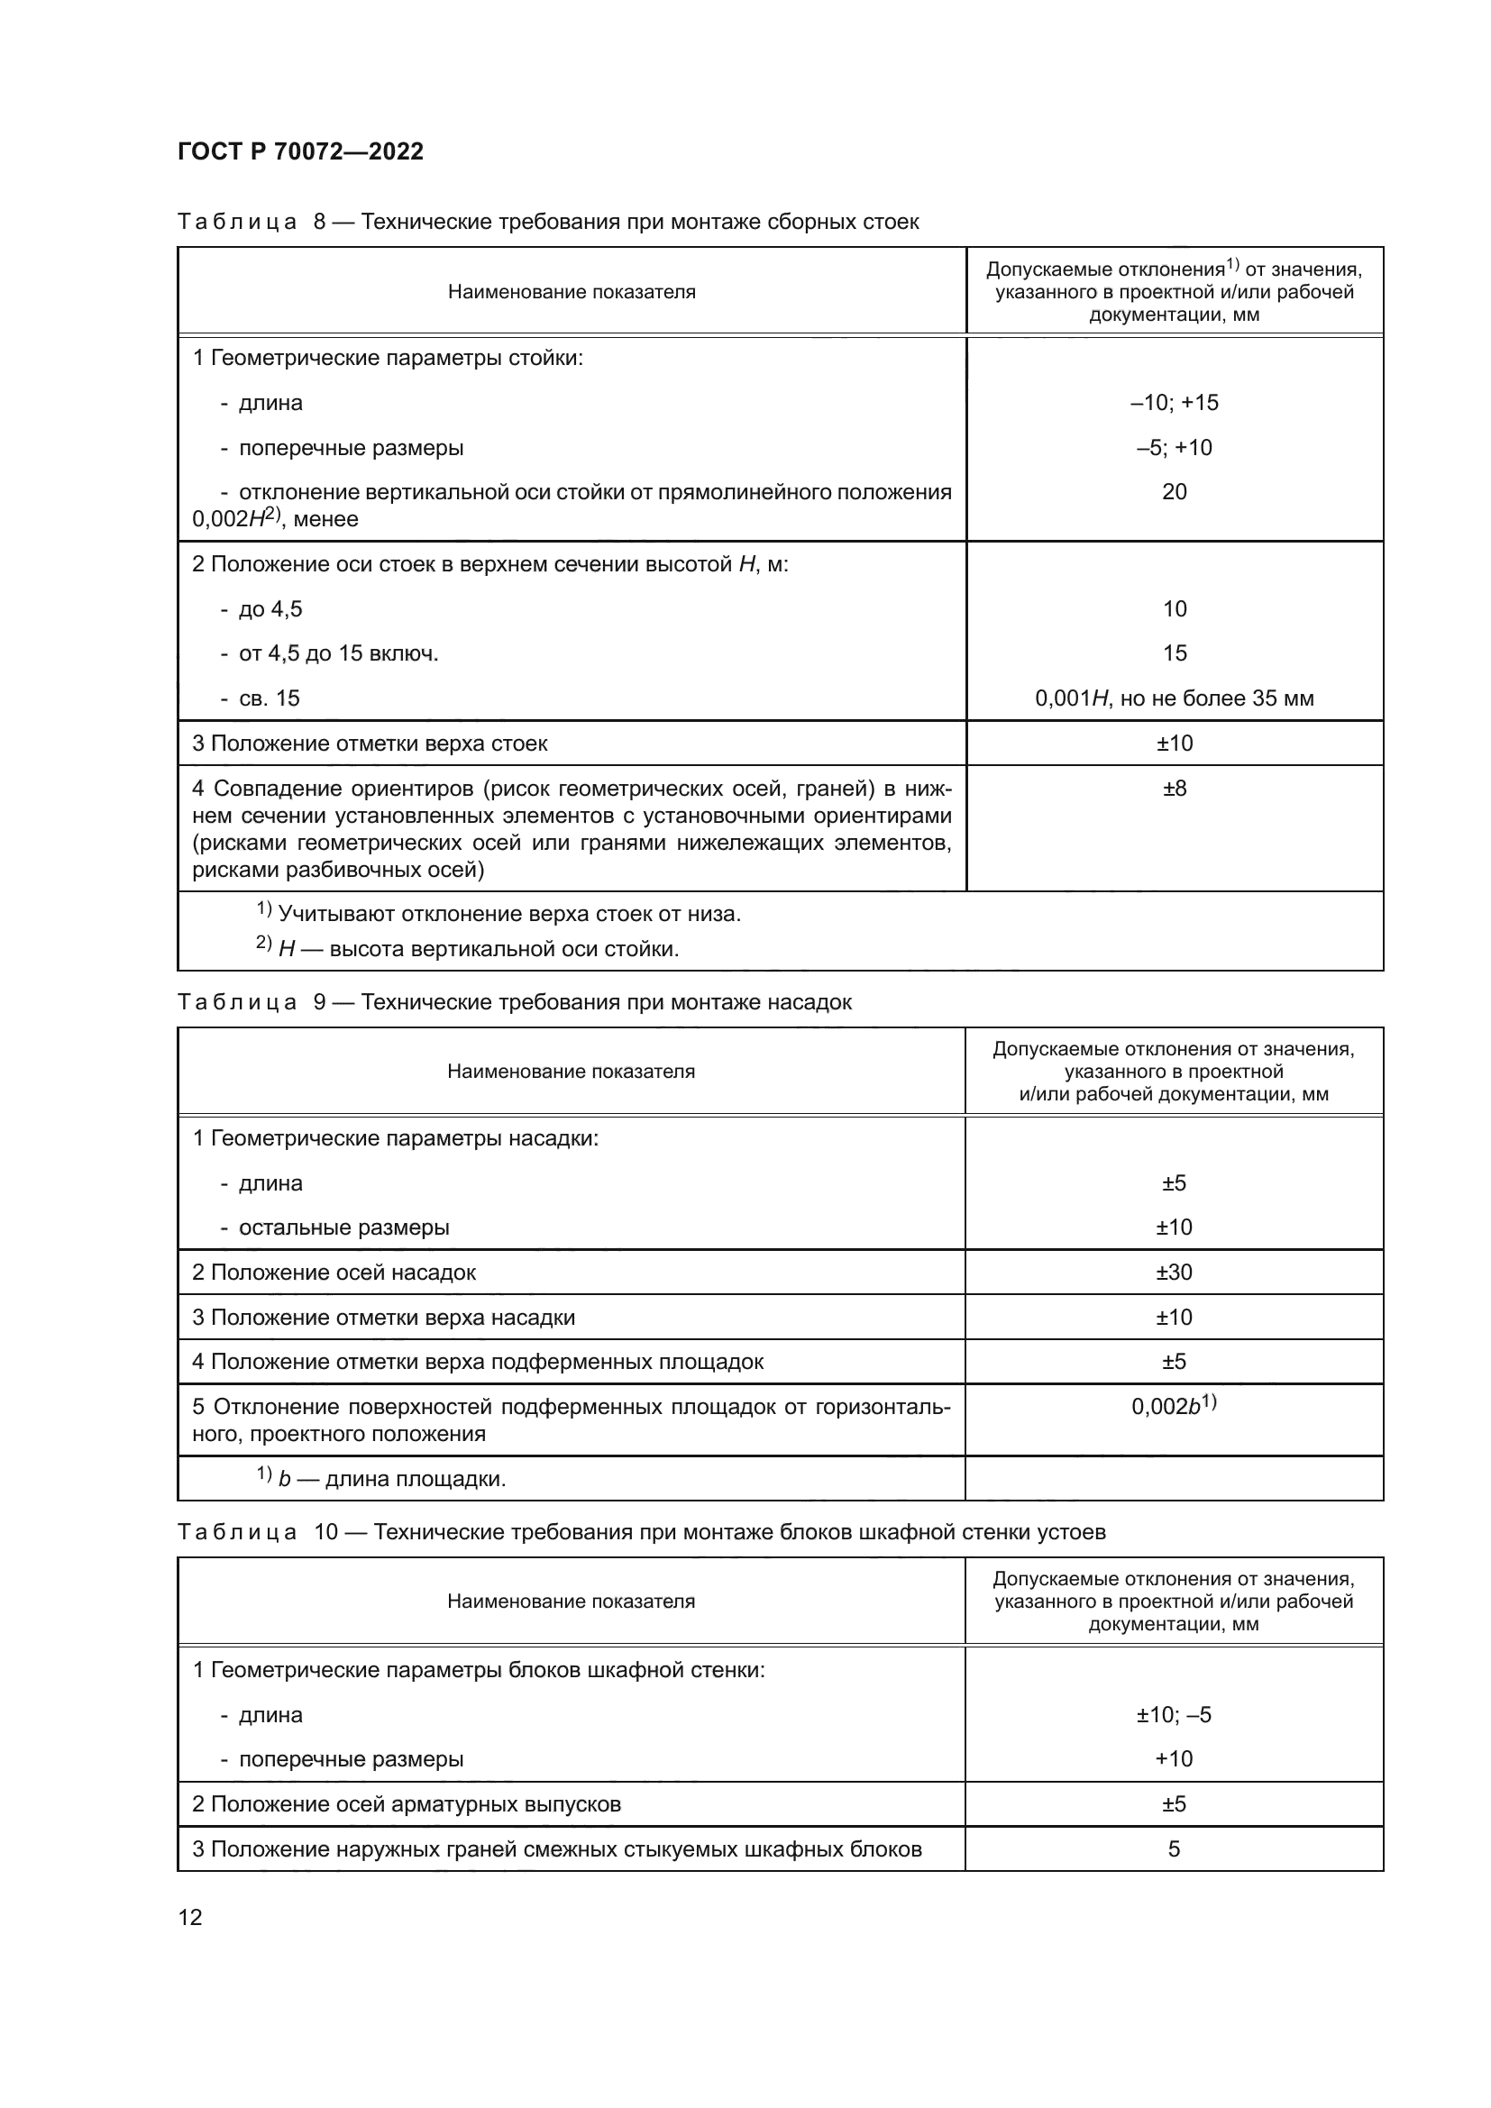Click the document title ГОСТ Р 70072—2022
coord(300,151)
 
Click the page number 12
coord(190,1917)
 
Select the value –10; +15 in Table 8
coord(1174,402)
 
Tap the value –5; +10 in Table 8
coord(1174,447)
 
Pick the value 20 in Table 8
coord(1174,491)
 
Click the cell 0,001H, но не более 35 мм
coord(1174,698)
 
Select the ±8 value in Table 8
coord(1174,788)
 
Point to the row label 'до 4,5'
coord(270,608)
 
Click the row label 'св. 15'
coord(268,698)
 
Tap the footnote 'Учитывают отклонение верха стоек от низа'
coord(508,914)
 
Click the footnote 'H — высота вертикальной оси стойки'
coord(478,948)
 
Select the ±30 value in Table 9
coord(1174,1272)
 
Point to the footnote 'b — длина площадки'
coord(391,1479)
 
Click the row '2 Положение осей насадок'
coord(334,1272)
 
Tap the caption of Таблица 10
coord(641,1531)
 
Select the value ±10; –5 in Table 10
coord(1174,1714)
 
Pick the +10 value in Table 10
coord(1174,1758)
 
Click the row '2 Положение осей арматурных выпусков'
coord(406,1804)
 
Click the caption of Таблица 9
coord(514,1001)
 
